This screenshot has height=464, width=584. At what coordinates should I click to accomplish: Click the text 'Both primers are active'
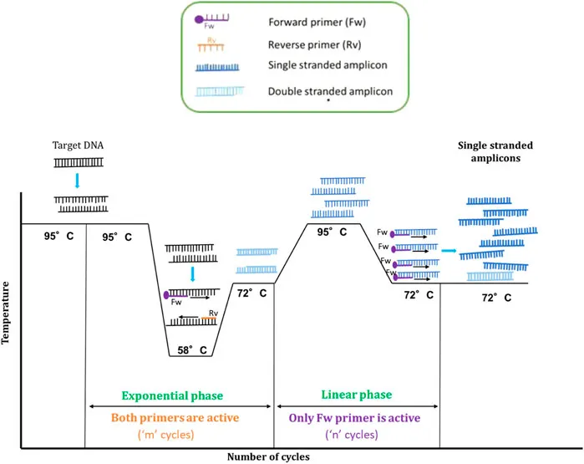(180, 417)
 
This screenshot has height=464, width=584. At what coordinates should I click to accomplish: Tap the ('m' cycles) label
(179, 436)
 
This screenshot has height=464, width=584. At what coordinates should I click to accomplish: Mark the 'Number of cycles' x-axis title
(268, 456)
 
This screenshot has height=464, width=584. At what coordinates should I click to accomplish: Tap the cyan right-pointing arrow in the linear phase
(449, 250)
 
